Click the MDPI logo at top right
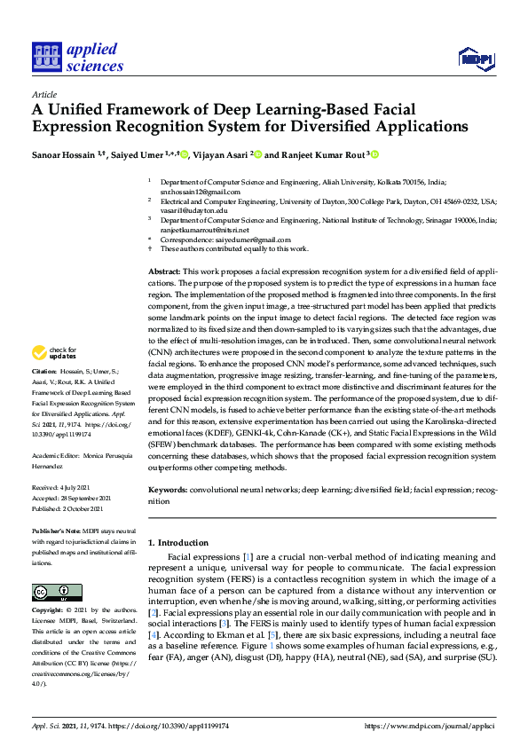[474, 59]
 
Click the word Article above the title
[43, 94]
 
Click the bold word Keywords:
[168, 489]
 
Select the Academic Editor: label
[58, 472]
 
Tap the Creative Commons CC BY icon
[51, 592]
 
